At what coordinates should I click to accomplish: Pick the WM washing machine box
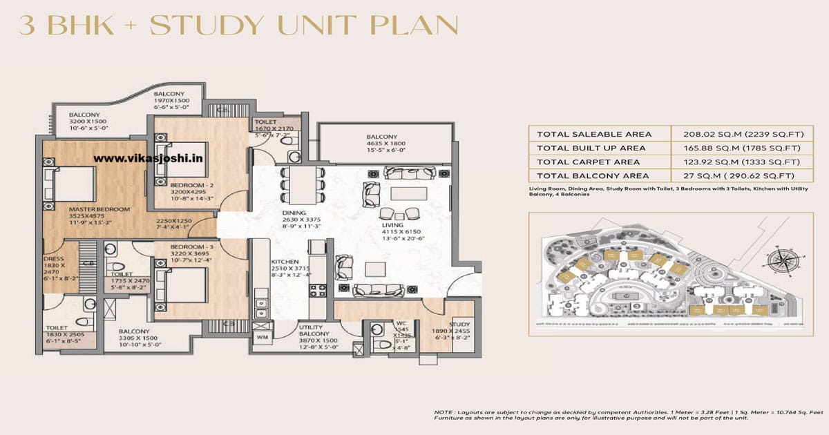tap(262, 336)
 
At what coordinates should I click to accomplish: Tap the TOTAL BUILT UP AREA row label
tap(590, 148)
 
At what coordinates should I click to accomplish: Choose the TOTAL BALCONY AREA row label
tap(592, 175)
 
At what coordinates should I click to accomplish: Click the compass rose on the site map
tap(786, 262)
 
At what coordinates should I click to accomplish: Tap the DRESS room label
tap(53, 260)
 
